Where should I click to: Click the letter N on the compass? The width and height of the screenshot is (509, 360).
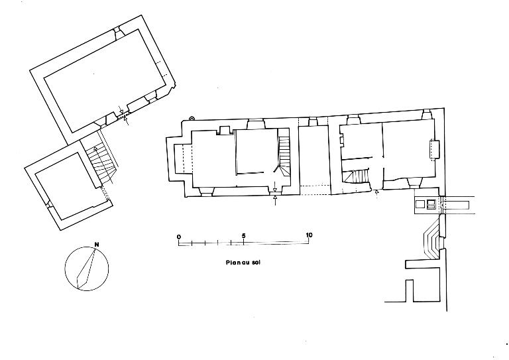pos(97,244)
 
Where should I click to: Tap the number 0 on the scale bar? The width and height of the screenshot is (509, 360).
pos(178,237)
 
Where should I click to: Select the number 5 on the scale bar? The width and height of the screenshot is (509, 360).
pos(244,237)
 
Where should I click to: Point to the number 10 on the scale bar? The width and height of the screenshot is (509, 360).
pos(308,237)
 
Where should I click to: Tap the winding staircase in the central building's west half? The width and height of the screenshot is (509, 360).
pos(284,155)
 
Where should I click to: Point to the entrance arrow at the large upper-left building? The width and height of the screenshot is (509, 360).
pos(127,120)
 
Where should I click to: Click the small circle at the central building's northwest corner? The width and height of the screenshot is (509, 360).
pos(192,118)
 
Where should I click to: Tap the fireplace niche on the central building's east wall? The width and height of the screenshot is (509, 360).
pos(435,149)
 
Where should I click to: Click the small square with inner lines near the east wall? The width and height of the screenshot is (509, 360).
pos(432,205)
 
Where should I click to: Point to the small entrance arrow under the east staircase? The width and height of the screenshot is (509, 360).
pos(377,192)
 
